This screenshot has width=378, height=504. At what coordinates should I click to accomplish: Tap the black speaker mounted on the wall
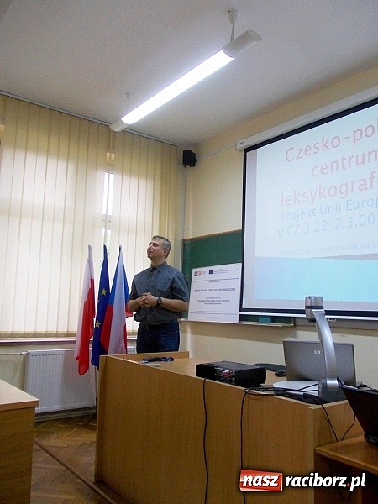click(x=189, y=158)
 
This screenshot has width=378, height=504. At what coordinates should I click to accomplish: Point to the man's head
click(x=160, y=249)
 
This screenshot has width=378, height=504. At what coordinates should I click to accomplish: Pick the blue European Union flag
click(x=101, y=307)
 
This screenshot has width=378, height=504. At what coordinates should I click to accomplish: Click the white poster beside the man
click(x=214, y=293)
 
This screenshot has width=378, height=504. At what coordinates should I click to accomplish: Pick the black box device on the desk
click(x=230, y=373)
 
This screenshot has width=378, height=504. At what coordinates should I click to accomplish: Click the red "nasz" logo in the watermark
click(x=260, y=481)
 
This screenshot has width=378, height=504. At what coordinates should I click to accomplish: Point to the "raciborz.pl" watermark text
click(x=324, y=481)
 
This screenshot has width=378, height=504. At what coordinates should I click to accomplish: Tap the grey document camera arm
click(x=323, y=344)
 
